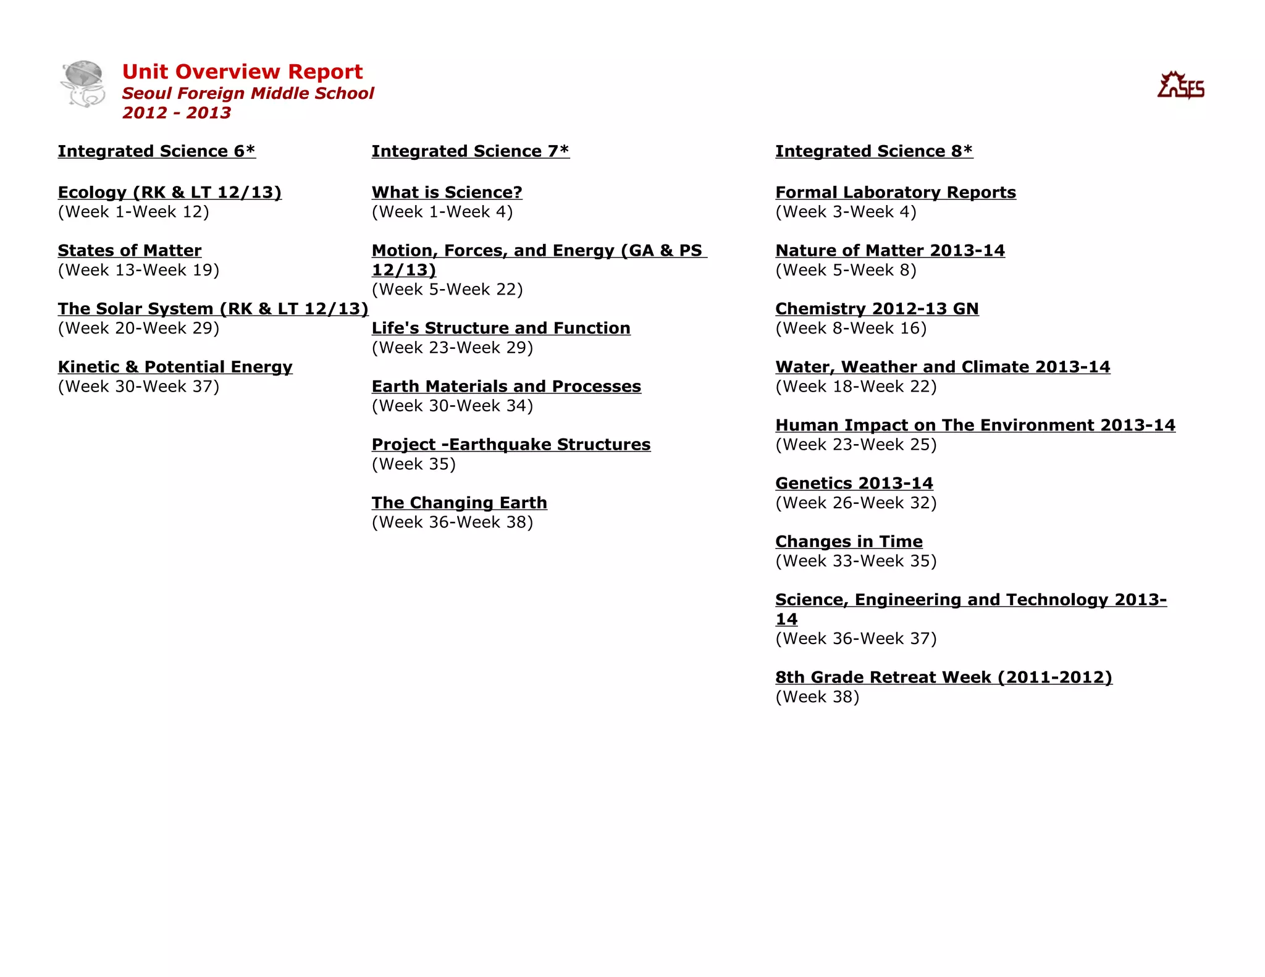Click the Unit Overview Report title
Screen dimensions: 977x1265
242,72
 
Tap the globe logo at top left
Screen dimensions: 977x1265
83,83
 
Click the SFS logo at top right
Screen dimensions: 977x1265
1180,86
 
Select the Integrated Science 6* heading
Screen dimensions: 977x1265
156,151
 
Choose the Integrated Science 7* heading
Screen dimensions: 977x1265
470,151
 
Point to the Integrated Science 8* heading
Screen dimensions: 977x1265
874,151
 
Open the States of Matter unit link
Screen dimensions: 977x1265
130,251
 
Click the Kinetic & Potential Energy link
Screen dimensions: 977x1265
175,367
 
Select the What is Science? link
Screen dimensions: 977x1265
447,193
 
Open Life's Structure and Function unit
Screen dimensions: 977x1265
501,328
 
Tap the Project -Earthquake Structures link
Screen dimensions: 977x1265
511,445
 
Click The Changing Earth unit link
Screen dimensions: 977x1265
459,503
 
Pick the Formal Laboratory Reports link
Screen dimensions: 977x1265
896,193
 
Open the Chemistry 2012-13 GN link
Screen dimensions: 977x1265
877,309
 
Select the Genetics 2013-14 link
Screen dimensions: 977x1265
854,484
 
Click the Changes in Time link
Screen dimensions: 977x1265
849,542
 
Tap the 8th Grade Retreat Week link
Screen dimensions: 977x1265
944,677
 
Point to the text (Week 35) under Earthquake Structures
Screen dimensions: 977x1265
414,464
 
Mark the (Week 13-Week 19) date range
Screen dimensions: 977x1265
138,270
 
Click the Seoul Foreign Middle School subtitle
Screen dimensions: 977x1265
248,93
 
